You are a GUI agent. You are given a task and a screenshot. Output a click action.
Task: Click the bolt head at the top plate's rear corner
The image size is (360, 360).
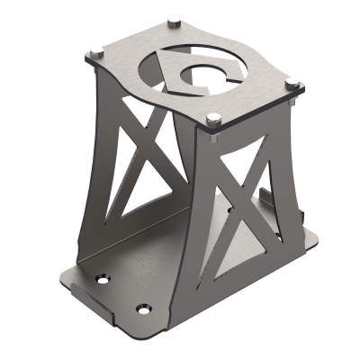pos(171,20)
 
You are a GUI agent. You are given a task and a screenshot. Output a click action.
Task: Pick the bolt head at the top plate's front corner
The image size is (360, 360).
pos(213,116)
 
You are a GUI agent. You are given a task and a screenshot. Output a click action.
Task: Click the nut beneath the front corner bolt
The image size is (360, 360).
pos(213,137)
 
